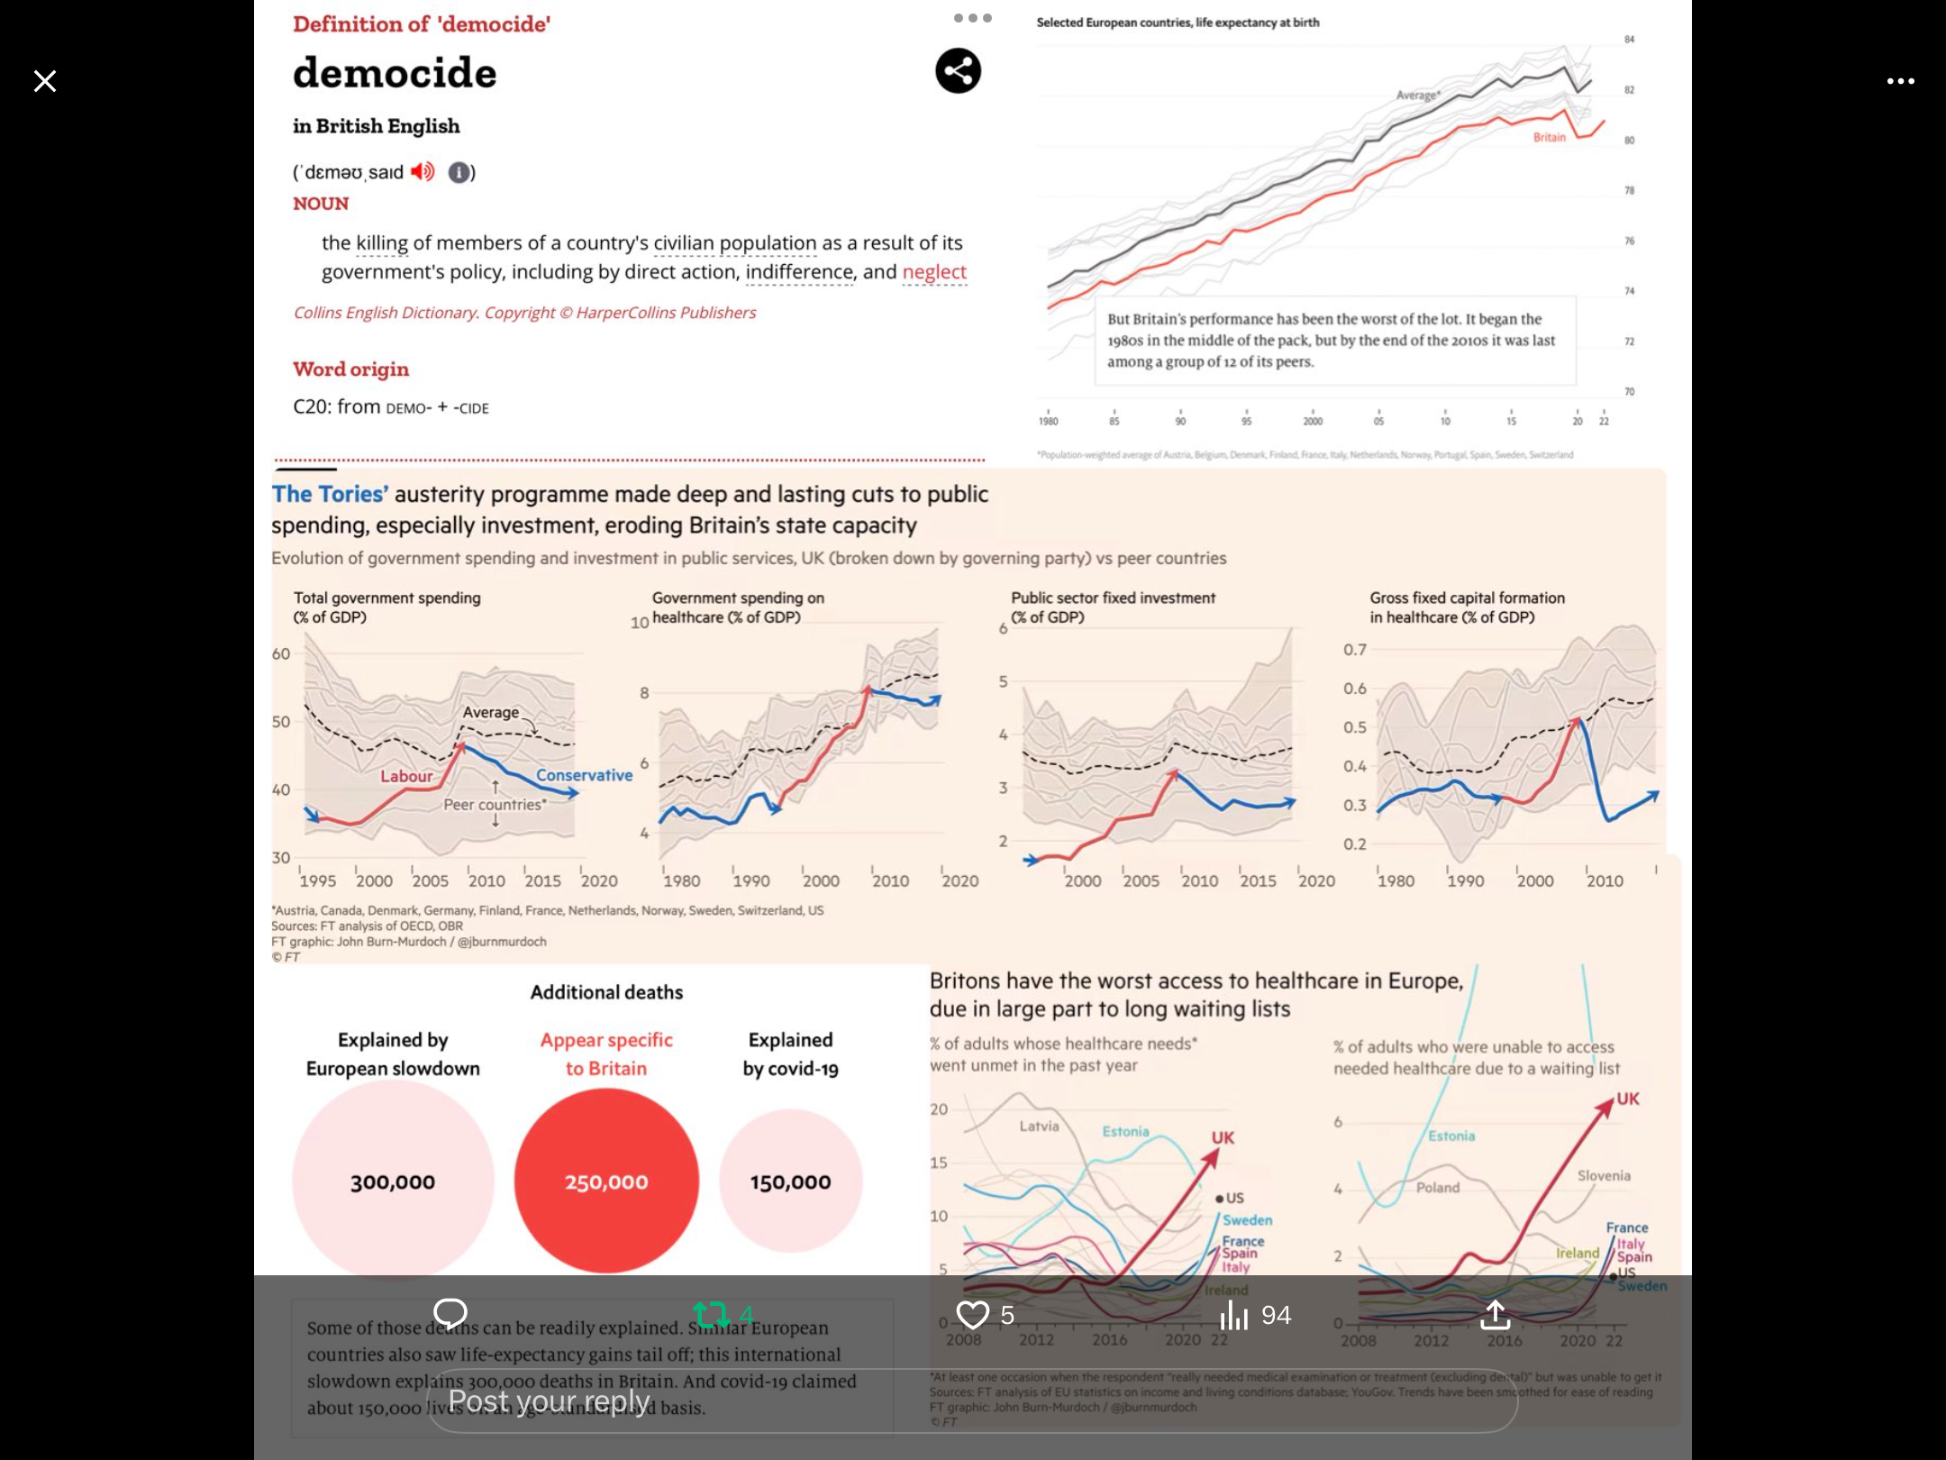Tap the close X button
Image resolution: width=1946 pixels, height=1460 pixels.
pos(45,81)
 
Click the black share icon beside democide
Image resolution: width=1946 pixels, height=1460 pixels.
pos(958,70)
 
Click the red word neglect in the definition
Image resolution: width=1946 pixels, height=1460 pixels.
pos(934,271)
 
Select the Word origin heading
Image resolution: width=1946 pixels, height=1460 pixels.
pos(350,369)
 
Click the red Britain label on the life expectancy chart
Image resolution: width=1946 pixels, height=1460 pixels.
pos(1550,137)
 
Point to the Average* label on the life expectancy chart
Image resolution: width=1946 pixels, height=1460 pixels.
pos(1418,95)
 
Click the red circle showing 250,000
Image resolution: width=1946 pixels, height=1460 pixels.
pos(606,1182)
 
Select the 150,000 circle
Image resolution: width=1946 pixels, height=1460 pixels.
pos(790,1182)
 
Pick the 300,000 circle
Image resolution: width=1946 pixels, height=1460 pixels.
pos(393,1182)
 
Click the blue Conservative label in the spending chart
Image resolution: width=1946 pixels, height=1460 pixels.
pos(584,775)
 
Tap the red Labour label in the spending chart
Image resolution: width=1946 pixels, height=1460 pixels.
pos(406,776)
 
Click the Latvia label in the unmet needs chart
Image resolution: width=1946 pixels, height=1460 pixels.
pos(1039,1126)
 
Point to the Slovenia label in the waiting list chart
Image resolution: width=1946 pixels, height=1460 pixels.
pos(1604,1175)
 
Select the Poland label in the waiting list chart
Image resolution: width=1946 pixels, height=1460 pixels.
pos(1437,1187)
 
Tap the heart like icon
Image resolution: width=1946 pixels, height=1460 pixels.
pos(972,1315)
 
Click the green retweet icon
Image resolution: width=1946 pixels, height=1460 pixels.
pos(712,1315)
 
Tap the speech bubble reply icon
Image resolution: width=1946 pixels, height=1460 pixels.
pos(450,1313)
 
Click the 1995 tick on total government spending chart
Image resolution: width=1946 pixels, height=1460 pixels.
pos(317,881)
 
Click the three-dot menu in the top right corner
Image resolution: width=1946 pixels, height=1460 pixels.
pos(1900,81)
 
